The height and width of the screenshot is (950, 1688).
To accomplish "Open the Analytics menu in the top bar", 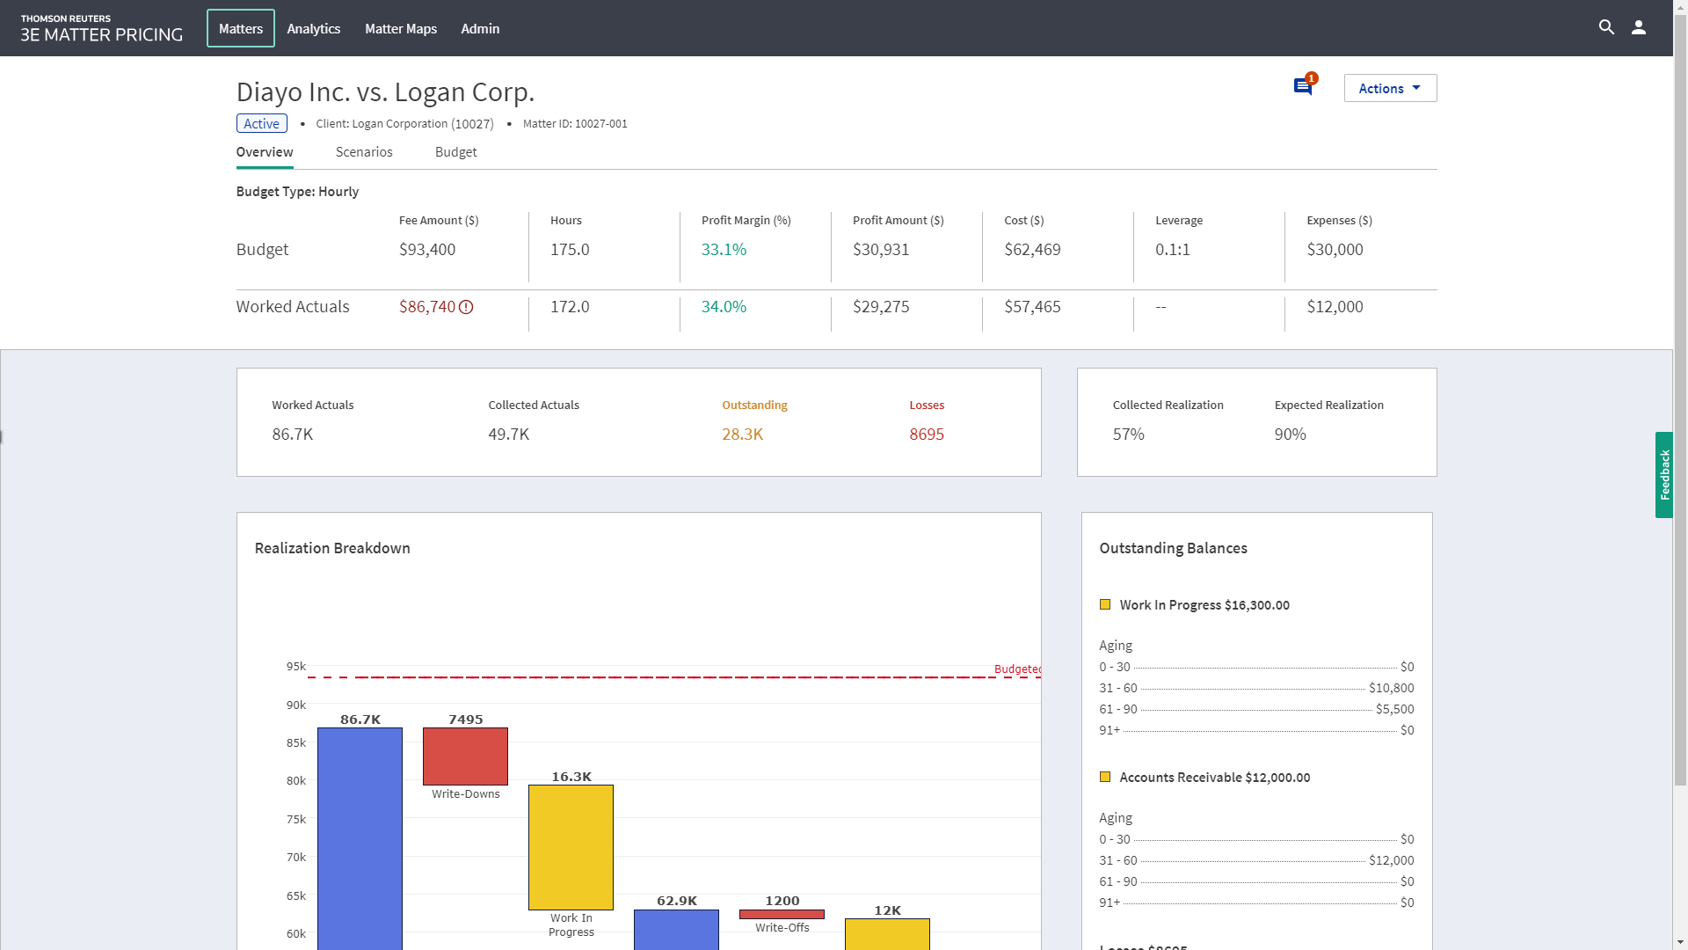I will pos(313,29).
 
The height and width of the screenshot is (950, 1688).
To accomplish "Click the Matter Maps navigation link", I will pos(401,29).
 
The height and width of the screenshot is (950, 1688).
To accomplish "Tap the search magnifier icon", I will pos(1606,27).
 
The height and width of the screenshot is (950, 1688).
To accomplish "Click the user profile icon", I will pos(1639,27).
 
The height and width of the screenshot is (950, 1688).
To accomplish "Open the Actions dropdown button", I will pos(1390,88).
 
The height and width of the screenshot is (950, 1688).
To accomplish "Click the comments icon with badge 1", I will pos(1303,86).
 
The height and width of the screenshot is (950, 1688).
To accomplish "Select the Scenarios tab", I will pos(364,152).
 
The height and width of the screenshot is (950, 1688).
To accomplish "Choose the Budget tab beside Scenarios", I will pos(455,152).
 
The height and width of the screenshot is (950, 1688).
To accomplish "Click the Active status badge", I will pos(261,124).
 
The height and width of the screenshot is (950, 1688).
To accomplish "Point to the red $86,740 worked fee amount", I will pos(427,307).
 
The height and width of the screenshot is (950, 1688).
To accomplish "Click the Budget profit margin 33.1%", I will pos(724,250).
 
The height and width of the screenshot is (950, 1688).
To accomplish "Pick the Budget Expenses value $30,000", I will pos(1335,250).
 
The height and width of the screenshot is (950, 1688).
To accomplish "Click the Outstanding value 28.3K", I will pos(742,435).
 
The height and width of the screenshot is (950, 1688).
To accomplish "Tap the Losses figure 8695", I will pos(927,435).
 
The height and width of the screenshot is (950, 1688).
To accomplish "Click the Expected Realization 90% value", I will pos(1290,435).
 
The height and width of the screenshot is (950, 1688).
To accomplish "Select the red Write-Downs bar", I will pos(465,756).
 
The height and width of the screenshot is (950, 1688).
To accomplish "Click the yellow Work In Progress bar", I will pos(571,847).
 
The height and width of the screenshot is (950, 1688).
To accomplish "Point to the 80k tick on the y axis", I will pos(295,781).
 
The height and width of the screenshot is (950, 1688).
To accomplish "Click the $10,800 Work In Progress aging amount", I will pos(1391,688).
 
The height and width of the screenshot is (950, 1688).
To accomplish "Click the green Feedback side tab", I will pos(1663,475).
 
